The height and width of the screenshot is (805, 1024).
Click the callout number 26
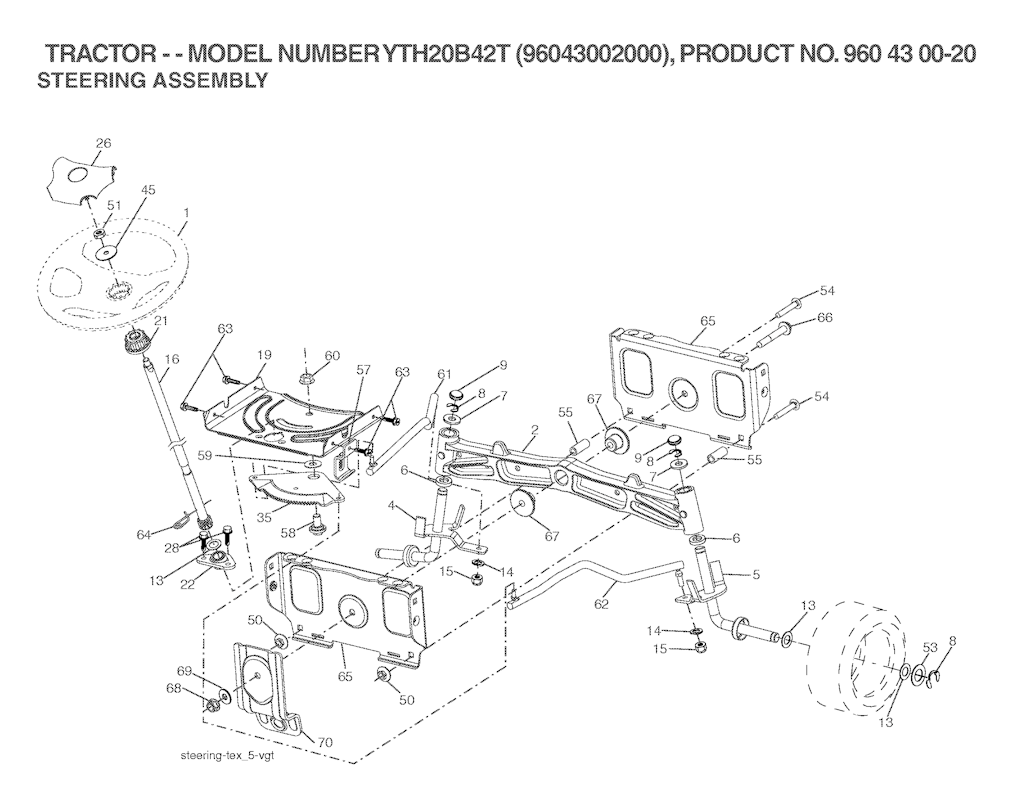click(103, 142)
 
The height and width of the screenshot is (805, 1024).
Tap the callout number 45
click(148, 190)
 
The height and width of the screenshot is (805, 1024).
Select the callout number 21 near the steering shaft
click(161, 321)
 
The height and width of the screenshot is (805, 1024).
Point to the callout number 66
click(825, 318)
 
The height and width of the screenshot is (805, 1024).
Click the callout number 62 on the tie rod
click(601, 605)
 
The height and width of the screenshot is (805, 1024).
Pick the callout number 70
click(325, 742)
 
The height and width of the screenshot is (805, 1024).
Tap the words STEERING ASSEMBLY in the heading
click(152, 81)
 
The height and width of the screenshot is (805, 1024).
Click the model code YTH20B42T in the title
click(446, 55)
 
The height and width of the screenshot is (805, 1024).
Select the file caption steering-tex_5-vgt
click(224, 756)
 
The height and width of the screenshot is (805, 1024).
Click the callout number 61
click(444, 374)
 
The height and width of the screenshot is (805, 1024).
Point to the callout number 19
click(263, 356)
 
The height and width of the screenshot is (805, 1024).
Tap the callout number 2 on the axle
click(534, 430)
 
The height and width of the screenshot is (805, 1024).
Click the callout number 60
click(332, 356)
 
